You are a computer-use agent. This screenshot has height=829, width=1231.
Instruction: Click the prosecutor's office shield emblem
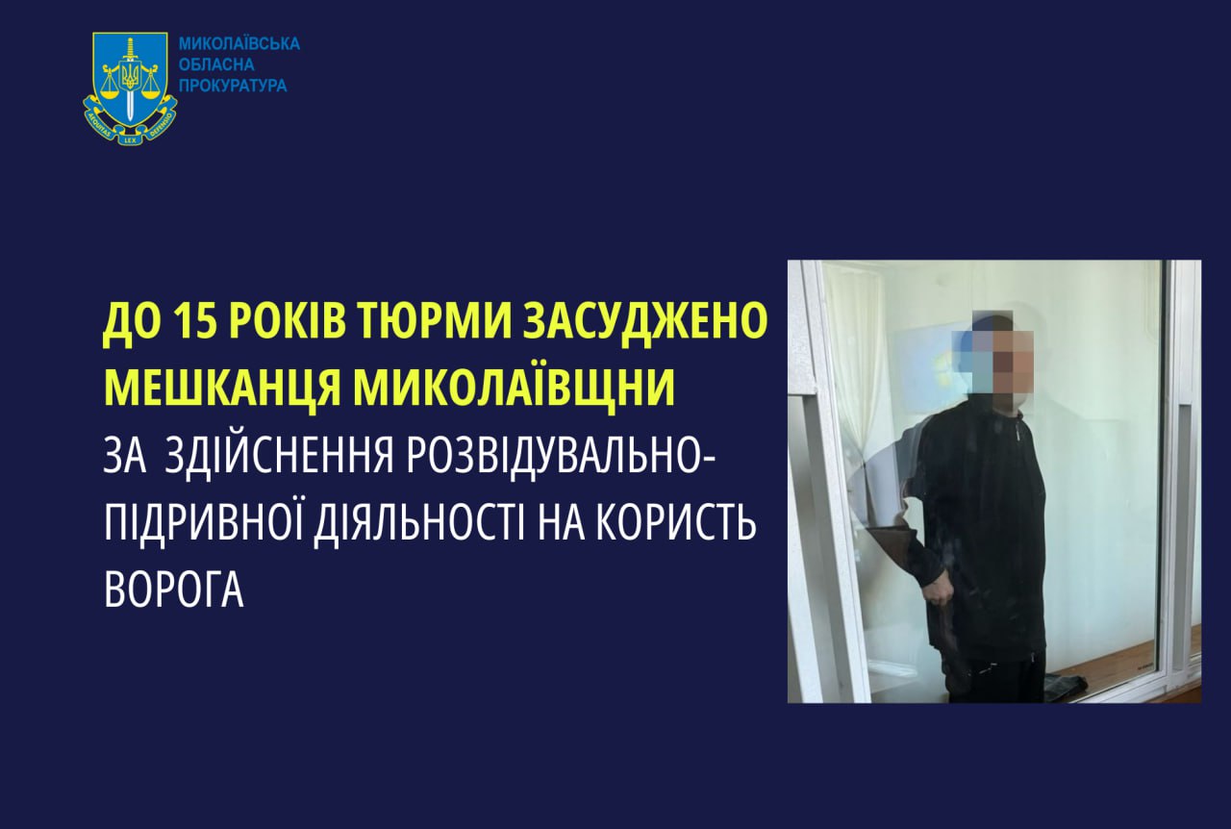pos(130,87)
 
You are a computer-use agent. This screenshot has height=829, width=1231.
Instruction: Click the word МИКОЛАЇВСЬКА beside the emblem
pos(239,44)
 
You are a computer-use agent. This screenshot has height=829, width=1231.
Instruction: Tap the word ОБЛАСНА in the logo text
pos(216,65)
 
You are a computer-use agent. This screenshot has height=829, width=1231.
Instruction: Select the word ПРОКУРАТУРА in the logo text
pos(233,87)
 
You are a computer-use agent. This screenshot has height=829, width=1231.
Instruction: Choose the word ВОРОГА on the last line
pos(174,590)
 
